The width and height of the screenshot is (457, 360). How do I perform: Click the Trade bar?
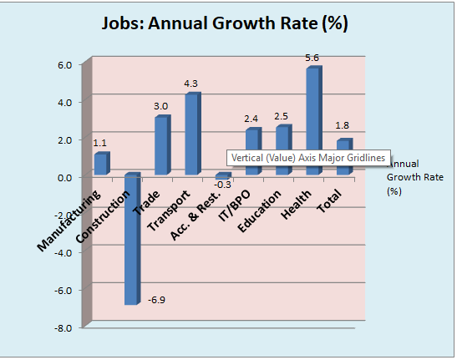[x=161, y=146]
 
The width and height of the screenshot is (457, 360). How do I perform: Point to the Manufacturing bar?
[x=100, y=164]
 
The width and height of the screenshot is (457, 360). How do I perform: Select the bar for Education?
[x=282, y=150]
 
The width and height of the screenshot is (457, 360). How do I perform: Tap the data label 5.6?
[x=312, y=58]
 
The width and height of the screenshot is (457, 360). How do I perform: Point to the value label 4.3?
[x=190, y=84]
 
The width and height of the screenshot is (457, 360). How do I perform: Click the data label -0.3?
[x=223, y=184]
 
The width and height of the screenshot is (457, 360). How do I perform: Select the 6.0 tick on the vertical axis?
[x=64, y=65]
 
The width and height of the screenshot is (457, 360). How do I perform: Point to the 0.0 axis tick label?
[x=64, y=178]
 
